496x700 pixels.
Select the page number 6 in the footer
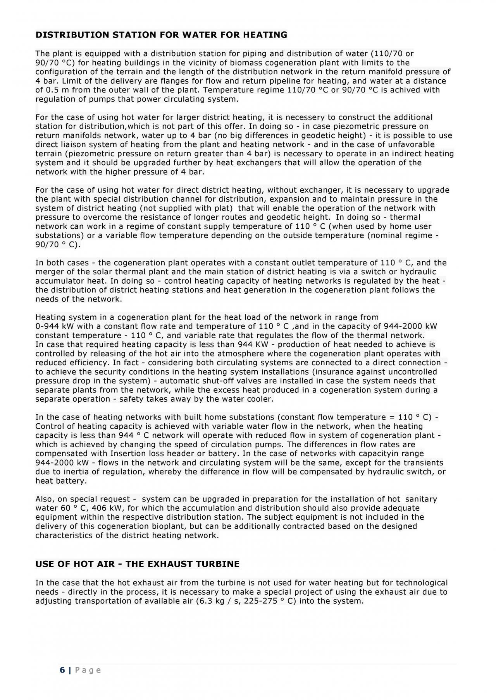coord(62,670)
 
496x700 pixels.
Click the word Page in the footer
coord(88,670)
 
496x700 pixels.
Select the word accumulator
coord(56,281)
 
